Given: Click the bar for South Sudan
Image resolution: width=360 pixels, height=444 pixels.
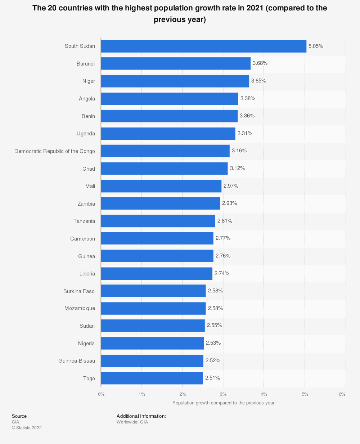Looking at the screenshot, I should [x=203, y=46].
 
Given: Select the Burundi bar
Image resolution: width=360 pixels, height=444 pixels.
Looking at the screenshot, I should [x=176, y=63].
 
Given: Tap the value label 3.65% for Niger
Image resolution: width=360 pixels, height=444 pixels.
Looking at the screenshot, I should [x=258, y=81].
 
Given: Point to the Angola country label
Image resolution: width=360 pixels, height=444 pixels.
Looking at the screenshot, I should [x=87, y=99].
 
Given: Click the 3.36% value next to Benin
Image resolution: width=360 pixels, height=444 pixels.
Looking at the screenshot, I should [x=247, y=116].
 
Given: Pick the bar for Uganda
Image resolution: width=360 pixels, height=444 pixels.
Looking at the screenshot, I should [x=168, y=134].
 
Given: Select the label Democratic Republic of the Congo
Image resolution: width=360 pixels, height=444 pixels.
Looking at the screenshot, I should [x=55, y=151].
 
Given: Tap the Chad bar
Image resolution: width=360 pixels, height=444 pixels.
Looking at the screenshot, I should [x=164, y=169].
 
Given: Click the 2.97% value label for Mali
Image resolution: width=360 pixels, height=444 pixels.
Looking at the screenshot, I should [x=231, y=186].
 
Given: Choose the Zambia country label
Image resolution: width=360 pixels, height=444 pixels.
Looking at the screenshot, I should [x=86, y=204].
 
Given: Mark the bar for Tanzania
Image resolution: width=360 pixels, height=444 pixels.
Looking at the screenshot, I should [x=158, y=221].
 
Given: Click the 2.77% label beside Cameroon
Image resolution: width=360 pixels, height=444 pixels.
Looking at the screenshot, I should [x=223, y=238].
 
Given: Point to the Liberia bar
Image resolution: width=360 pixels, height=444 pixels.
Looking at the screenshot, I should [x=157, y=274].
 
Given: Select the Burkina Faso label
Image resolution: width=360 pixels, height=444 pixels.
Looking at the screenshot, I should [x=79, y=291].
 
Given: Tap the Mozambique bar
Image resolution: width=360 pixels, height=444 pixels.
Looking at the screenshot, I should [x=153, y=309].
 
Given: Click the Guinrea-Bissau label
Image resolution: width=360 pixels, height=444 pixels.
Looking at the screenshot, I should [x=77, y=361].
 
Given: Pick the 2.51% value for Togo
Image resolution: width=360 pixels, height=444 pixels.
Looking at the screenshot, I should [x=212, y=378].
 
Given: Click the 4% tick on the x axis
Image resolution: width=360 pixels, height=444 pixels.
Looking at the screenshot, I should [x=264, y=394].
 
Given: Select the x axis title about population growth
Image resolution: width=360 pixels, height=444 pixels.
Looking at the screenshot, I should [x=223, y=403].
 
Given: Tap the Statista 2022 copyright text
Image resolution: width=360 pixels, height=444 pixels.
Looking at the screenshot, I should [x=27, y=428].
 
